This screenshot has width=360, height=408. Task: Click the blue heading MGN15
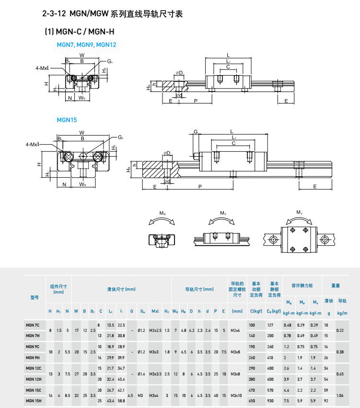(x=67, y=120)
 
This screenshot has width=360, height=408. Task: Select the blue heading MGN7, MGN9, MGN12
(x=86, y=45)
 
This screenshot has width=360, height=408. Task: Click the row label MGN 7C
(x=33, y=326)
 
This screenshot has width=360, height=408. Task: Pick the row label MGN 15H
(x=33, y=400)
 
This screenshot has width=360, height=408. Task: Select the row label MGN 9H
(x=33, y=357)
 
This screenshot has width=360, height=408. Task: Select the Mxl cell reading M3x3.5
(x=155, y=374)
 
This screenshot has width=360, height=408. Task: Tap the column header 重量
(x=336, y=286)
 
